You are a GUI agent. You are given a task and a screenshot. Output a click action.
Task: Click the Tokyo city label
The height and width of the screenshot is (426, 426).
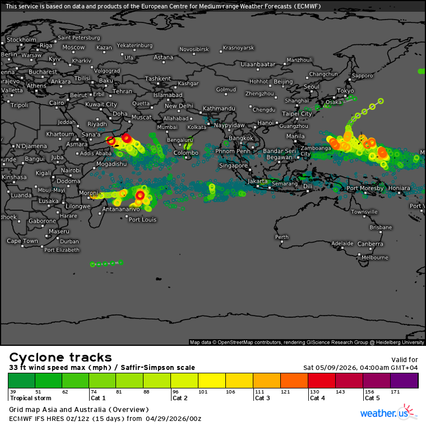click(345, 91)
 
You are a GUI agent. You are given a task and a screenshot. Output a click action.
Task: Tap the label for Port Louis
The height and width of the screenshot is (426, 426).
click(142, 219)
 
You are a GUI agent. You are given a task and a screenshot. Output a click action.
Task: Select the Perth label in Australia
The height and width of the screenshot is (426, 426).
click(281, 237)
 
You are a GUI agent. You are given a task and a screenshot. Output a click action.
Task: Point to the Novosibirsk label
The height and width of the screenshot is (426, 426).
click(194, 49)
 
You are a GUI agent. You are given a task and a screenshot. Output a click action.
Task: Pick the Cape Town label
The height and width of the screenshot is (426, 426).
click(22, 241)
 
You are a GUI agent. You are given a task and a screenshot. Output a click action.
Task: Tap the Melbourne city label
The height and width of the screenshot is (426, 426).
click(374, 257)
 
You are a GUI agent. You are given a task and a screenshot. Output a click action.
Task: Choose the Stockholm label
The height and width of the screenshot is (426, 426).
click(21, 40)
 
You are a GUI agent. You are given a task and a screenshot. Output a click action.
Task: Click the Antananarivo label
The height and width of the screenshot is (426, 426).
click(121, 209)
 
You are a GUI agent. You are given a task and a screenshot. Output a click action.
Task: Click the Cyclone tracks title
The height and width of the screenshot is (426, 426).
click(61, 358)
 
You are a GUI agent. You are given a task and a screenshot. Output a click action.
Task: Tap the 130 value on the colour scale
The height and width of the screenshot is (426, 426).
click(314, 391)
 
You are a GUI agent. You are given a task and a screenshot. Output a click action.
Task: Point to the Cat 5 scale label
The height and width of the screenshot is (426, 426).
click(373, 398)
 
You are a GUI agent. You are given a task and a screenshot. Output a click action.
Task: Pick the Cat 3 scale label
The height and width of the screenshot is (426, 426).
click(263, 398)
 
